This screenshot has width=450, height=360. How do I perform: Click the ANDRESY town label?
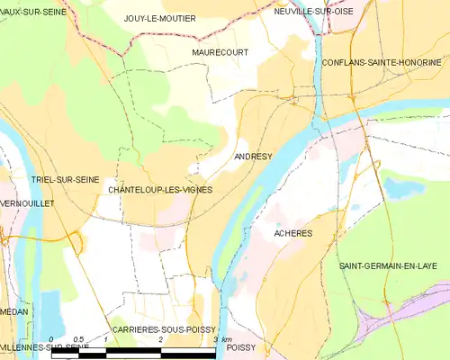click(252, 157)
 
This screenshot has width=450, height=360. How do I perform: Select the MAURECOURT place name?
click(220, 52)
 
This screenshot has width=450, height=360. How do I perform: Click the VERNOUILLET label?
click(28, 204)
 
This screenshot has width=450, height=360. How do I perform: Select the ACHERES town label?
click(292, 232)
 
